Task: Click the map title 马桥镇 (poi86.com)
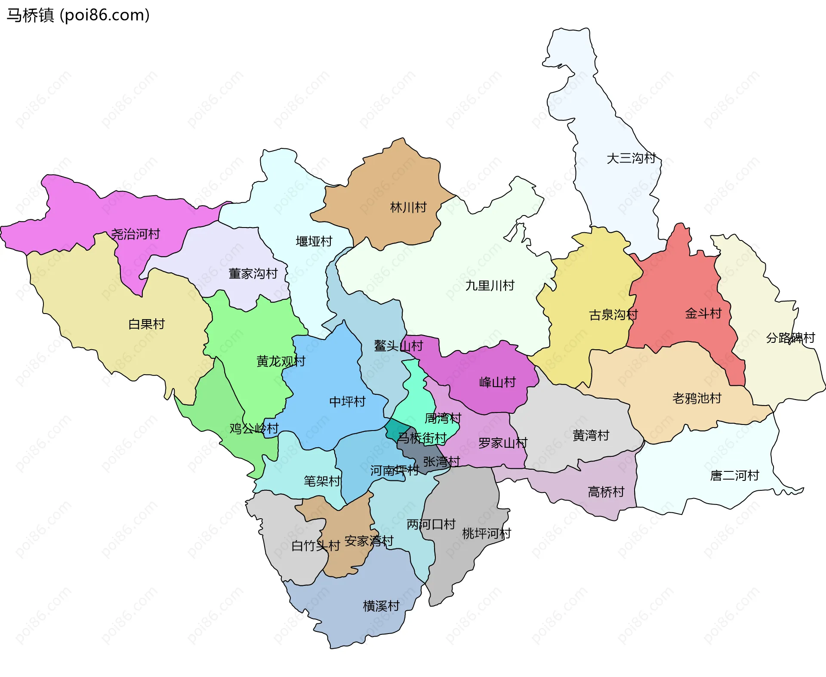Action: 78,15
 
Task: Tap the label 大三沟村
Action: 631,158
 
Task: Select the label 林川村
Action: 408,208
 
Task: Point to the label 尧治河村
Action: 136,234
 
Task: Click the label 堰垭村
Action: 314,241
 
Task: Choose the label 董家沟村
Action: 253,274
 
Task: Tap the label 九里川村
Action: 490,286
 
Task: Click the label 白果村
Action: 146,324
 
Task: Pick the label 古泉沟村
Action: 613,315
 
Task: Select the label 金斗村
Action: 703,313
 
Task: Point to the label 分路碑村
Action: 790,338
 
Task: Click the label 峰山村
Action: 497,382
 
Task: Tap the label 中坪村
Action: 347,402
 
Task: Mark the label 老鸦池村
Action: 697,398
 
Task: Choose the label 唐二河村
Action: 734,476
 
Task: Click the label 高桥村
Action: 606,492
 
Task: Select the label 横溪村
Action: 381,606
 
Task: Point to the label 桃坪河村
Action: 486,534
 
